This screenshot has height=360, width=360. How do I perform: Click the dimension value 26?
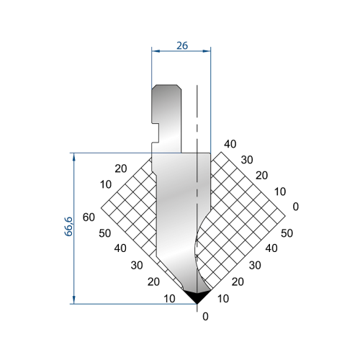click(x=182, y=45)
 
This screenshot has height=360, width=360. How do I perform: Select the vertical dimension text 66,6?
click(x=68, y=227)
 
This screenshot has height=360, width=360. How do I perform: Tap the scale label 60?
click(x=89, y=217)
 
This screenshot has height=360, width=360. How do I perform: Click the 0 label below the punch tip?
click(x=205, y=317)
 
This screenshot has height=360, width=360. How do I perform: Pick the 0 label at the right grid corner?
click(x=296, y=207)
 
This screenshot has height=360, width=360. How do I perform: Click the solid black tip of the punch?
click(x=197, y=297)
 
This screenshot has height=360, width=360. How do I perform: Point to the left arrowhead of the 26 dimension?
click(x=156, y=51)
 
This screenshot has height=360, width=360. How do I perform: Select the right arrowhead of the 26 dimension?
click(x=207, y=51)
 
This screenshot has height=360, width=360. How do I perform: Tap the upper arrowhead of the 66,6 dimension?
click(x=73, y=157)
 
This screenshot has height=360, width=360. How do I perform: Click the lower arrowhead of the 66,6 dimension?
click(x=73, y=300)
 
